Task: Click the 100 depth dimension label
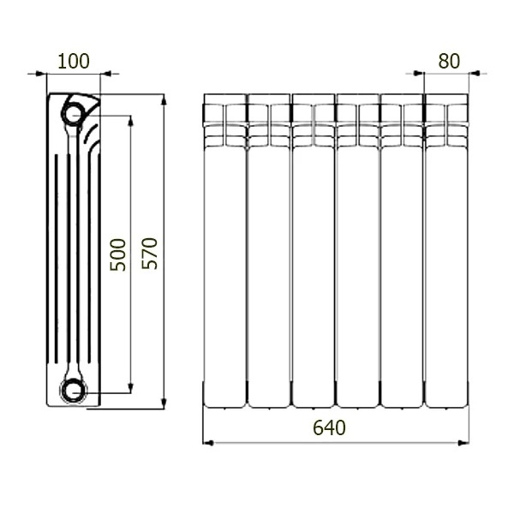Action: click(74, 61)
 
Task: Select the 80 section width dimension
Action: click(449, 61)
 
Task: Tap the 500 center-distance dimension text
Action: click(117, 254)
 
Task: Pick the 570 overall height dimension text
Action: click(149, 254)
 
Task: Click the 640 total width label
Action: click(329, 427)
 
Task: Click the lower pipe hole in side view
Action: click(73, 391)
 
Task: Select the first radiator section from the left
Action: click(224, 251)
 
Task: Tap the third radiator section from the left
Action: click(314, 251)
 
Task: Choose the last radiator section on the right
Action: click(446, 251)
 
